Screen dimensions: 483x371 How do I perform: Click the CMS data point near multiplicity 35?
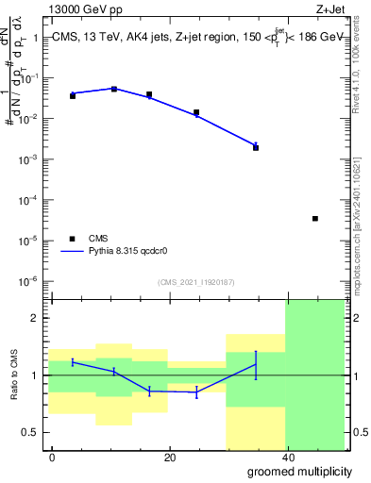[256, 147]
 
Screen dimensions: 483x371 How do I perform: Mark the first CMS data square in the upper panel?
[73, 96]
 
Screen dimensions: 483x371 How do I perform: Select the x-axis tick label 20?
[170, 458]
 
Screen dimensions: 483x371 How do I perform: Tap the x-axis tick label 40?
[288, 458]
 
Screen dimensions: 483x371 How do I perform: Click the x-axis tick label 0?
[52, 458]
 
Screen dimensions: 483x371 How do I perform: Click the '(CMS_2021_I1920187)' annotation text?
[195, 281]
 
